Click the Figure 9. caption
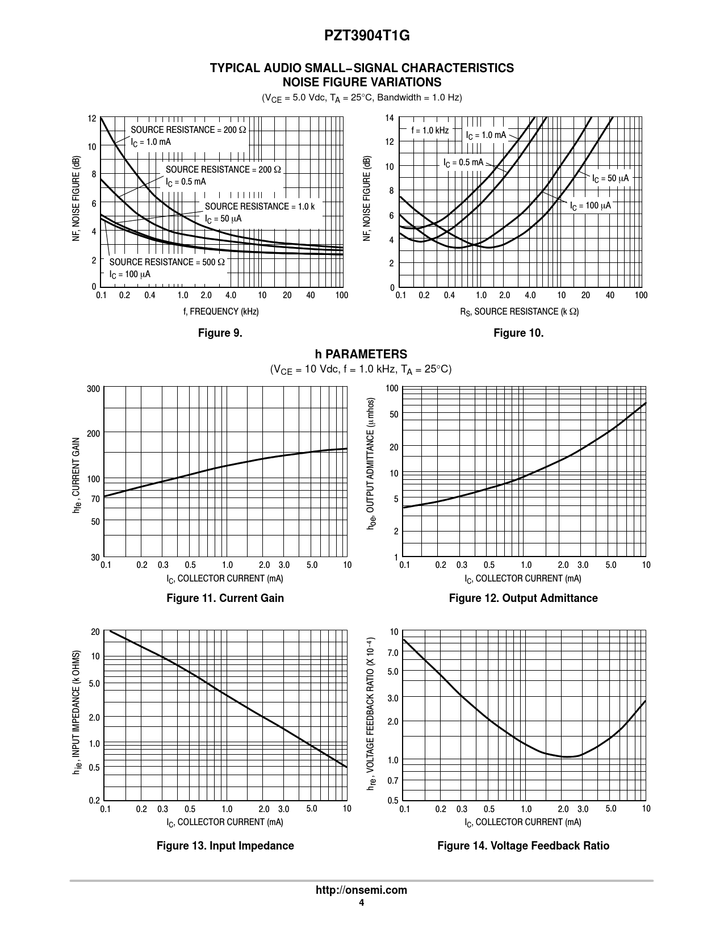pyautogui.click(x=220, y=333)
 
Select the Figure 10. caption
pyautogui.click(x=518, y=333)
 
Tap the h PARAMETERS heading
pyautogui.click(x=361, y=354)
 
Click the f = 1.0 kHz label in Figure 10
pyautogui.click(x=430, y=131)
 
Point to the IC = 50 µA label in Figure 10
pyautogui.click(x=610, y=178)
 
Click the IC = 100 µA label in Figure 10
pyautogui.click(x=591, y=206)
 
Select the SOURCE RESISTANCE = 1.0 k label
pyautogui.click(x=260, y=207)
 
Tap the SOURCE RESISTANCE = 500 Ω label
pyautogui.click(x=167, y=262)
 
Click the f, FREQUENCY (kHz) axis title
pyautogui.click(x=220, y=312)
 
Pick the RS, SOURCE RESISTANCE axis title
pyautogui.click(x=519, y=312)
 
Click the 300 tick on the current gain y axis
pyautogui.click(x=94, y=389)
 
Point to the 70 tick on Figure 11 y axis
pyautogui.click(x=95, y=499)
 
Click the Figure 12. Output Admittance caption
pyautogui.click(x=523, y=598)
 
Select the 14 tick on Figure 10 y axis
pyautogui.click(x=389, y=118)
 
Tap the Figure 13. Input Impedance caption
pyautogui.click(x=225, y=846)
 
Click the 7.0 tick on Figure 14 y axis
pyautogui.click(x=393, y=653)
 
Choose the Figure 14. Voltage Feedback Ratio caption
pyautogui.click(x=523, y=846)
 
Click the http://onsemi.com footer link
pyautogui.click(x=361, y=890)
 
